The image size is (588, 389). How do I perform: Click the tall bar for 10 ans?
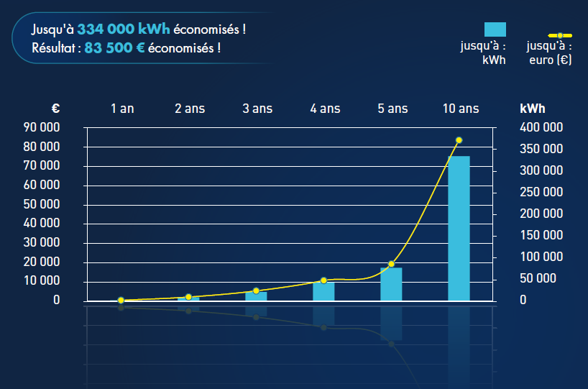tap(459, 229)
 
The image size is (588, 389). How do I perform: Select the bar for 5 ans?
tap(391, 284)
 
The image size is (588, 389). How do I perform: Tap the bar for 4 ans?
tap(323, 291)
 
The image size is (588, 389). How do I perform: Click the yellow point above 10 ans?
tap(459, 140)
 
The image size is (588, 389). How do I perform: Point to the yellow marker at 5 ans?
tap(392, 265)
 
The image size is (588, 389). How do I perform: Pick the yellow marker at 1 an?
tap(121, 300)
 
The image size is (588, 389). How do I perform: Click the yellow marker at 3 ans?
tap(256, 290)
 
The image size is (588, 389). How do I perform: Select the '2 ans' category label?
tap(190, 109)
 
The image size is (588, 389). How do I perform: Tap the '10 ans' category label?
tap(461, 109)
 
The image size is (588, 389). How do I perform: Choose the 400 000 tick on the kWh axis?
tap(542, 128)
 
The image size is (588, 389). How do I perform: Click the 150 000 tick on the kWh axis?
tap(542, 235)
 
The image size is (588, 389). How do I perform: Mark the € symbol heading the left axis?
tap(55, 109)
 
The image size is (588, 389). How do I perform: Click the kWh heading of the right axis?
tap(532, 109)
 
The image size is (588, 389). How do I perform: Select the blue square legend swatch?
tap(495, 29)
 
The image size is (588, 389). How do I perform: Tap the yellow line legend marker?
tap(560, 35)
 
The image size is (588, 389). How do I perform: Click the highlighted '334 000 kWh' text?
tap(124, 29)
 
